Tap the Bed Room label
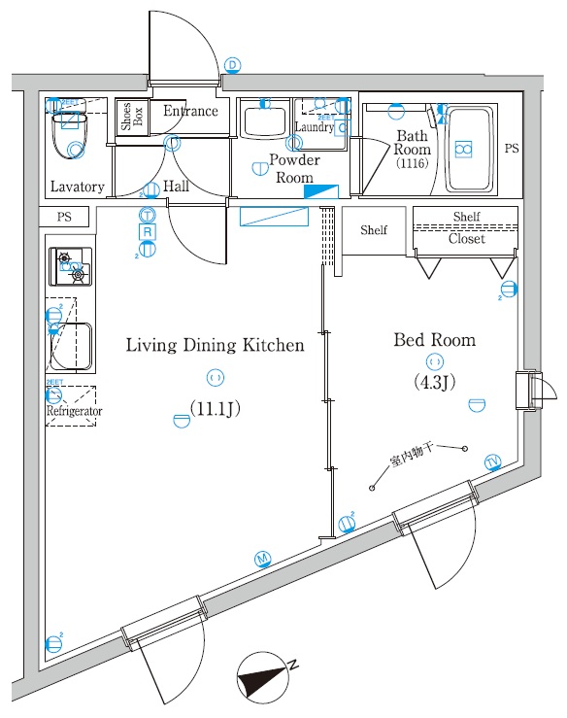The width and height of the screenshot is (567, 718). pos(434,340)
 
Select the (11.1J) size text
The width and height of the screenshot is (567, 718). pos(214,409)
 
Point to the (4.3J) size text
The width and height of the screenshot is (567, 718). pos(434,382)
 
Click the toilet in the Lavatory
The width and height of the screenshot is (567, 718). pos(71,136)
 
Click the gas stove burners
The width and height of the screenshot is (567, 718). pos(71,267)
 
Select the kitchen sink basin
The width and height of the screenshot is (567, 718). pos(74,346)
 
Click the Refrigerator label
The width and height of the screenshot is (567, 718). pos(74,412)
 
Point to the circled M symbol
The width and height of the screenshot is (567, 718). pos(262,559)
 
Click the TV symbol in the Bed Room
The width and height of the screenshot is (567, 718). pos(493,461)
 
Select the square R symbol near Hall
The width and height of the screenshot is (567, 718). pos(148,232)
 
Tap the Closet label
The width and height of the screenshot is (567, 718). pos(466,239)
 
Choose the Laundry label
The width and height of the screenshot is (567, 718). pos(315,127)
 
